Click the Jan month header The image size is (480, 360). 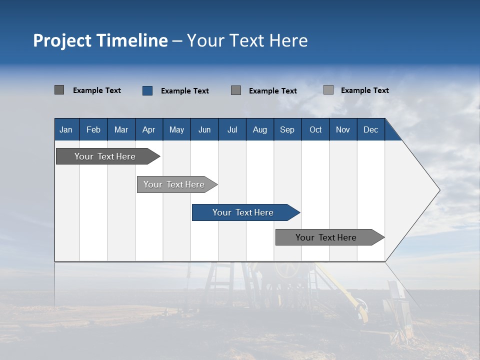click(x=66, y=129)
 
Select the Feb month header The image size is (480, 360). click(x=93, y=129)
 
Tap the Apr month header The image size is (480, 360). click(x=148, y=129)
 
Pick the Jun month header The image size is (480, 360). click(x=204, y=129)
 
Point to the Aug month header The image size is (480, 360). click(x=260, y=129)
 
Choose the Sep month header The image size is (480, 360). click(x=287, y=129)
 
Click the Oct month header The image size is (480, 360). click(x=315, y=129)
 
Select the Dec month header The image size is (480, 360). click(x=370, y=129)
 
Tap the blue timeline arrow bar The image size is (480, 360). click(x=243, y=212)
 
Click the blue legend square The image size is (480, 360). click(x=147, y=90)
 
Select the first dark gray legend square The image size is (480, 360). click(x=59, y=90)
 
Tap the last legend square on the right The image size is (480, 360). click(x=328, y=90)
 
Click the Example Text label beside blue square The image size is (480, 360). click(x=185, y=91)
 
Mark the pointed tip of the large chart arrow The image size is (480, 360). click(x=439, y=190)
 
